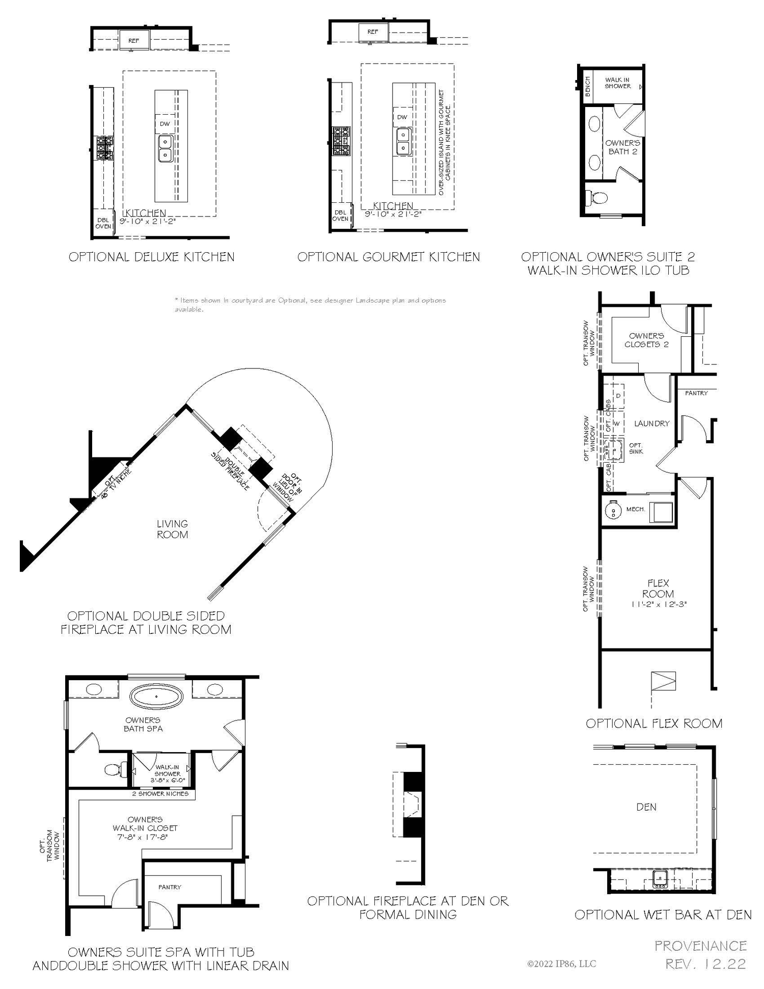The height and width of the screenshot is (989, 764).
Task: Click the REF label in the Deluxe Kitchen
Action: [133, 41]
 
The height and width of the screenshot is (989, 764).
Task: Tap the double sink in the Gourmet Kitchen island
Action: [402, 141]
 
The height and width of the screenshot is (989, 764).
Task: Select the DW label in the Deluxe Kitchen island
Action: [165, 124]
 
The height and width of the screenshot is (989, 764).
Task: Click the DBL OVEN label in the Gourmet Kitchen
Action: [340, 216]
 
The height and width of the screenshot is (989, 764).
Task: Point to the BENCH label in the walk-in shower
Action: [588, 87]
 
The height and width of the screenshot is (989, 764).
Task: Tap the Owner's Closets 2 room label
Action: [646, 340]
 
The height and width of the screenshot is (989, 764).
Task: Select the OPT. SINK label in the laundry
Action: [636, 448]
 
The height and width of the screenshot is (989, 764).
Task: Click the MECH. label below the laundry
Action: [635, 509]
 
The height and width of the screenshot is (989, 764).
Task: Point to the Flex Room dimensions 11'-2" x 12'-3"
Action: [659, 604]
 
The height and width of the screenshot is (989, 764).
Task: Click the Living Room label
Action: [172, 529]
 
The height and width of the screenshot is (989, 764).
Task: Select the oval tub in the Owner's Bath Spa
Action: [156, 697]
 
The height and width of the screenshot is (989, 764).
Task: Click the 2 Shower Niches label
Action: [160, 793]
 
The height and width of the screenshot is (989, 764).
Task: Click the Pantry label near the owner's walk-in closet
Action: [170, 887]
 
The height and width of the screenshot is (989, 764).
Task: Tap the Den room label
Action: [646, 807]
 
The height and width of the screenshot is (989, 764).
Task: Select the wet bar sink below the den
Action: [661, 878]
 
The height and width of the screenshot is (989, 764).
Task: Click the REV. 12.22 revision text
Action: [705, 964]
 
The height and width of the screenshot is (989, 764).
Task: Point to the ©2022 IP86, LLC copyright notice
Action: [561, 964]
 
